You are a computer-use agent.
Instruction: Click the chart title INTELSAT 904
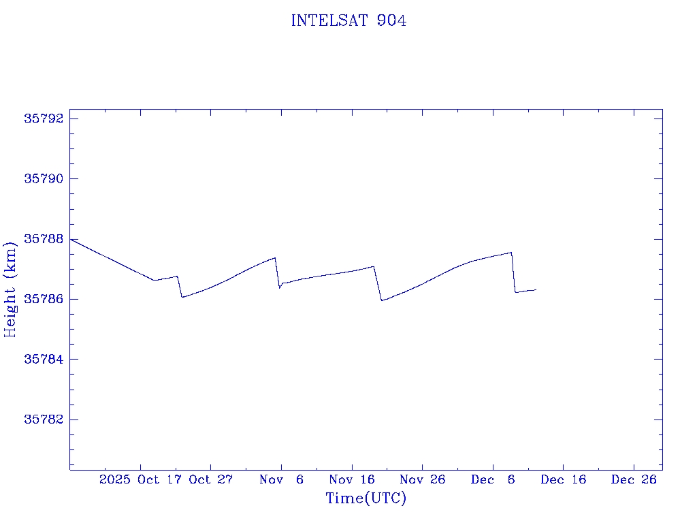point(348,21)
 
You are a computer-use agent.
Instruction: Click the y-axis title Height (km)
point(10,289)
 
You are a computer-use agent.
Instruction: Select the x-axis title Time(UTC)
point(366,498)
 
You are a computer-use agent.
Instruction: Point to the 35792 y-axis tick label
point(44,118)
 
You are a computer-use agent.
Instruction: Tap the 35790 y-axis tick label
point(44,178)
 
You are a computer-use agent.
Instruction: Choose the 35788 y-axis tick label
point(44,239)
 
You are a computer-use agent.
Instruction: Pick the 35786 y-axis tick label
point(44,299)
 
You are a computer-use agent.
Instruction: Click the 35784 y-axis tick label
point(44,359)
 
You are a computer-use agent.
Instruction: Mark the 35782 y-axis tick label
point(44,419)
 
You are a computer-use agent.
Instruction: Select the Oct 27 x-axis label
point(211,479)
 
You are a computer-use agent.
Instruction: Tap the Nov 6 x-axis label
point(281,479)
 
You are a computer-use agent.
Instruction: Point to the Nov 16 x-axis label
point(352,479)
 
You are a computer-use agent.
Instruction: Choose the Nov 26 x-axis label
point(422,479)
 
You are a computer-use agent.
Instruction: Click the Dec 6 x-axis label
point(493,479)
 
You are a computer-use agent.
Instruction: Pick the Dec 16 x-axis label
point(564,479)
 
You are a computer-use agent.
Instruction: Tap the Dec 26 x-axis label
point(634,479)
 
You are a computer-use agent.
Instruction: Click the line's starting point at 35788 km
point(71,239)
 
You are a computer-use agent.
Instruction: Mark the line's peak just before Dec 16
point(511,253)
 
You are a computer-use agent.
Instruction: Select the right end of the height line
point(536,289)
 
